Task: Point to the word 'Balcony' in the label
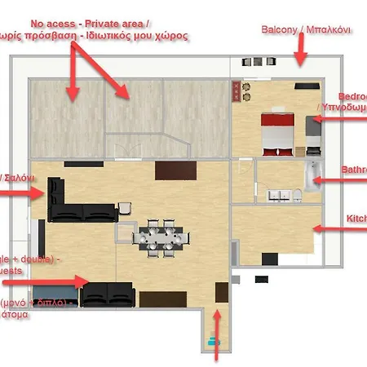click(279, 29)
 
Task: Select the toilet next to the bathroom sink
click(298, 193)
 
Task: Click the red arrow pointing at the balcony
click(299, 57)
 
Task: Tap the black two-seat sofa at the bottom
click(108, 293)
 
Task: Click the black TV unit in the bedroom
click(307, 85)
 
